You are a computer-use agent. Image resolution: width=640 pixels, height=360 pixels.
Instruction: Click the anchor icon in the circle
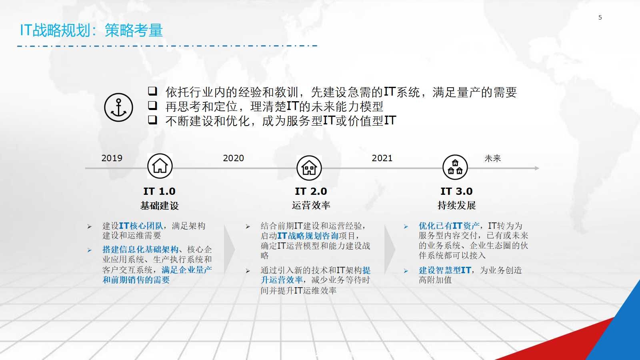tap(118, 108)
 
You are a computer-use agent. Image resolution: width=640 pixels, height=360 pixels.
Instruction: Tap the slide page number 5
tap(600, 18)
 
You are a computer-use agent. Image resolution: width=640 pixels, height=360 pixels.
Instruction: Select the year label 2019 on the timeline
tap(112, 158)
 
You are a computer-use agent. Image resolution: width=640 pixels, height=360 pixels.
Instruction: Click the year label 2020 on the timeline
tap(233, 158)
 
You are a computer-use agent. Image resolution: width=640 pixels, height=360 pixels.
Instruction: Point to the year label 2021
tap(382, 158)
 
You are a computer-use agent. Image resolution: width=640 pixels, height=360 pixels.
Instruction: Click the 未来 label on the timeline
tap(492, 158)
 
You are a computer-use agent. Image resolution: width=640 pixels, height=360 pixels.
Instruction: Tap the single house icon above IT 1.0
tap(160, 166)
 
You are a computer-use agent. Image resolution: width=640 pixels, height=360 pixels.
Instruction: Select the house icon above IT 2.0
tap(309, 168)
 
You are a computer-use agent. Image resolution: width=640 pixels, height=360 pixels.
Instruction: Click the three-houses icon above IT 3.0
tap(455, 168)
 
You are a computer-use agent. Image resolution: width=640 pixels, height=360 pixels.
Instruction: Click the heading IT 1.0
tap(160, 191)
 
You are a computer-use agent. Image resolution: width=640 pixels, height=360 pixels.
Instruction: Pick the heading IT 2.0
tap(311, 191)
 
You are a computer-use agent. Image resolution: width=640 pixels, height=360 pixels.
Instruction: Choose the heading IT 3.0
tap(456, 191)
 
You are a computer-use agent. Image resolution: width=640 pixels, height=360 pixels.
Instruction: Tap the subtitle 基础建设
tap(160, 206)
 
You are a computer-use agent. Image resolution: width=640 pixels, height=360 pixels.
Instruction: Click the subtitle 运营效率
tap(311, 205)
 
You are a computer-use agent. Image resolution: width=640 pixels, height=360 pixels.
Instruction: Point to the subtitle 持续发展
tap(456, 205)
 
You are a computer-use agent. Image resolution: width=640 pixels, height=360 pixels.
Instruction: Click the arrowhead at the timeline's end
tap(537, 168)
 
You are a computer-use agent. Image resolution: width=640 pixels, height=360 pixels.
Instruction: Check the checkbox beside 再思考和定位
tap(152, 106)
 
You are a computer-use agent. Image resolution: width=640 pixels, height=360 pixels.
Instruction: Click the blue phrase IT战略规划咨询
tap(308, 236)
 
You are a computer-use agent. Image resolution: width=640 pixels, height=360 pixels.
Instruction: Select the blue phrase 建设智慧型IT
tap(445, 270)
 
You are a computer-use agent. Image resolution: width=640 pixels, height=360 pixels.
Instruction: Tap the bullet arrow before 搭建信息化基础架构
tap(90, 250)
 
